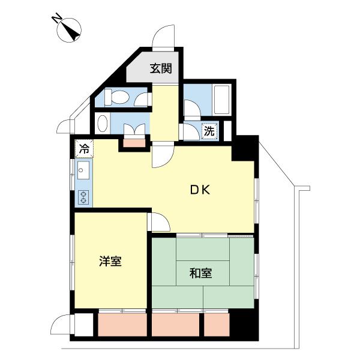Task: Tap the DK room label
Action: click(199, 190)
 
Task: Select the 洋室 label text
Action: click(110, 262)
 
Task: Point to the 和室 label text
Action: click(200, 273)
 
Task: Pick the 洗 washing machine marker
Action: click(209, 131)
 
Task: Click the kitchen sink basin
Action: click(83, 172)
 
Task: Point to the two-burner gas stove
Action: click(83, 196)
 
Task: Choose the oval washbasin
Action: click(103, 124)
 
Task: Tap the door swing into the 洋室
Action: click(157, 221)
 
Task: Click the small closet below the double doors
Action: click(135, 142)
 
